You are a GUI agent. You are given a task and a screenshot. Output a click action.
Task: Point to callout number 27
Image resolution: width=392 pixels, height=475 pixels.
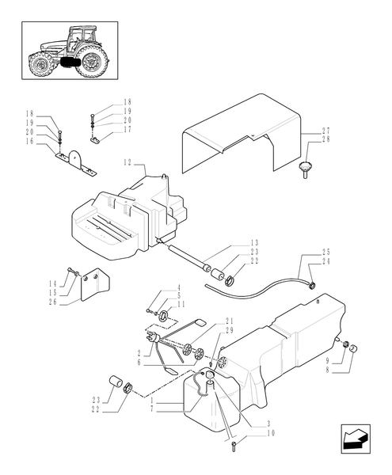coord(326,130)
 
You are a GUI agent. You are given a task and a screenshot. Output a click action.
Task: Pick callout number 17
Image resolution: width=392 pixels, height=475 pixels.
coord(127,129)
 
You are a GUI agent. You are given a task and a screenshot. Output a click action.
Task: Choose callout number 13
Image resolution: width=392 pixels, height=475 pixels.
coord(254,243)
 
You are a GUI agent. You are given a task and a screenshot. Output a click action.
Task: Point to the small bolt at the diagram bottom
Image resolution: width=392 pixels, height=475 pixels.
coord(235,448)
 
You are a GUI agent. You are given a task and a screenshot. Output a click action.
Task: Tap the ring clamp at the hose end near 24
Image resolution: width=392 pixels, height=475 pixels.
coord(313,283)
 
